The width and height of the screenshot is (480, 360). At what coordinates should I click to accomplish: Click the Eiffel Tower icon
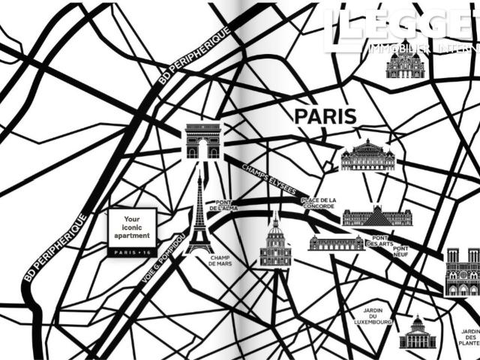(200, 214)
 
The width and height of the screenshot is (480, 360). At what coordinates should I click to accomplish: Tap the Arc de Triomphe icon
(203, 141)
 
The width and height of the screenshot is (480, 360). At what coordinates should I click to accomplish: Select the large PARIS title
(325, 116)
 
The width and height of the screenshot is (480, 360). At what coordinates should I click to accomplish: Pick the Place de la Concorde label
(319, 203)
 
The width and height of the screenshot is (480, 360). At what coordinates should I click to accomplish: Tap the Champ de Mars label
(222, 260)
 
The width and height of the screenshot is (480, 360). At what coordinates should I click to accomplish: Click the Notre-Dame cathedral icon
(462, 272)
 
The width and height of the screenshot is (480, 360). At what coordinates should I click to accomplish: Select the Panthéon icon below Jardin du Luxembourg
(417, 334)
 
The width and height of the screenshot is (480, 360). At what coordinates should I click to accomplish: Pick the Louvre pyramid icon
(377, 216)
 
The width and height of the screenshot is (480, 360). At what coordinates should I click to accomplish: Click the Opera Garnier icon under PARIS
(367, 155)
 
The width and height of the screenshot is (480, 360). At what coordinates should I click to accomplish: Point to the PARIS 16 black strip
(132, 253)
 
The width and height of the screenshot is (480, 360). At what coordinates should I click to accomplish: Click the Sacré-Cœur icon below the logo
(406, 64)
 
